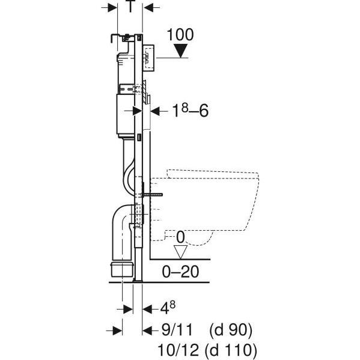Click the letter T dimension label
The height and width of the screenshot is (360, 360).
click(130, 7)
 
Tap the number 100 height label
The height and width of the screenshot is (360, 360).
click(180, 35)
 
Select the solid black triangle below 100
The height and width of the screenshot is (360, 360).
click(181, 51)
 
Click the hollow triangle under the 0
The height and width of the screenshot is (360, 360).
click(180, 252)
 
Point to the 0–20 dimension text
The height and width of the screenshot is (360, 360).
click(180, 272)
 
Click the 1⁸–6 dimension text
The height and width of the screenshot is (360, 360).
click(191, 110)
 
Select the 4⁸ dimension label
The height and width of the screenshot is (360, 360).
click(168, 308)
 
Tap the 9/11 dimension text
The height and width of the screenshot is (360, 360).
click(177, 330)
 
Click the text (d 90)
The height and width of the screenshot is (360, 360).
click(231, 330)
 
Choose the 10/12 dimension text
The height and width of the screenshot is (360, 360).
click(178, 350)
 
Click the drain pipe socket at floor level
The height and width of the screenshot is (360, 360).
click(122, 269)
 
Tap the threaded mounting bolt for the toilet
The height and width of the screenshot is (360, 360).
click(153, 195)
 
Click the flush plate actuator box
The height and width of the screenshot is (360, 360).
click(148, 57)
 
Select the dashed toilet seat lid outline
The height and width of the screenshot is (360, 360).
click(213, 174)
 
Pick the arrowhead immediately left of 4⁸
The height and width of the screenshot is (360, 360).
click(147, 309)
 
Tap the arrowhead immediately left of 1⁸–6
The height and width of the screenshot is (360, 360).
click(155, 111)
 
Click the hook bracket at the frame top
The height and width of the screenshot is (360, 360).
click(115, 38)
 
